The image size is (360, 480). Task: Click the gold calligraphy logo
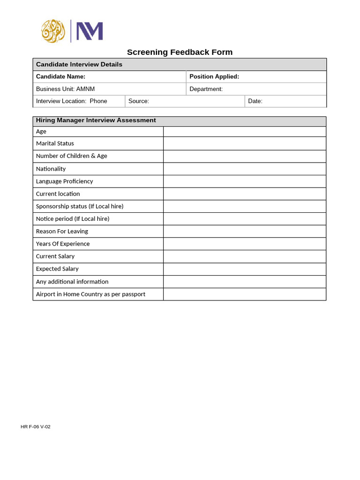[x=53, y=31]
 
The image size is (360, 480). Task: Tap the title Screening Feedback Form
[x=180, y=52]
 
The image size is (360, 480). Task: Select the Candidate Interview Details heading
[x=79, y=64]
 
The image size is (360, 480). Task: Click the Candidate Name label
[x=60, y=76]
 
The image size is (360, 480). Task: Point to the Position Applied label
[x=214, y=76]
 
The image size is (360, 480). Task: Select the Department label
[x=206, y=89]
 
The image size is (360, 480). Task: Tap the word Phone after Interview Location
[x=98, y=101]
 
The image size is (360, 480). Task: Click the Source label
[x=139, y=101]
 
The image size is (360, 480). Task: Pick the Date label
[x=255, y=101]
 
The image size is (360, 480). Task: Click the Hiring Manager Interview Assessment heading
[x=96, y=120]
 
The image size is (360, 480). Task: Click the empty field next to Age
[x=244, y=132]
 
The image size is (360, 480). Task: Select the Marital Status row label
[x=55, y=143]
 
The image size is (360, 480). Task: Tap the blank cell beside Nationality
[x=244, y=169]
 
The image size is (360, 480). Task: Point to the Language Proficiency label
[x=64, y=181]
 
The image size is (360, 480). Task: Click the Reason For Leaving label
[x=62, y=232]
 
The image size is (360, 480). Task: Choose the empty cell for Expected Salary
[x=244, y=269]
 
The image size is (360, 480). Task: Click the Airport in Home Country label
[x=90, y=294]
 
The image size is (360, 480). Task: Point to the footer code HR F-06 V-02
[x=36, y=427]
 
